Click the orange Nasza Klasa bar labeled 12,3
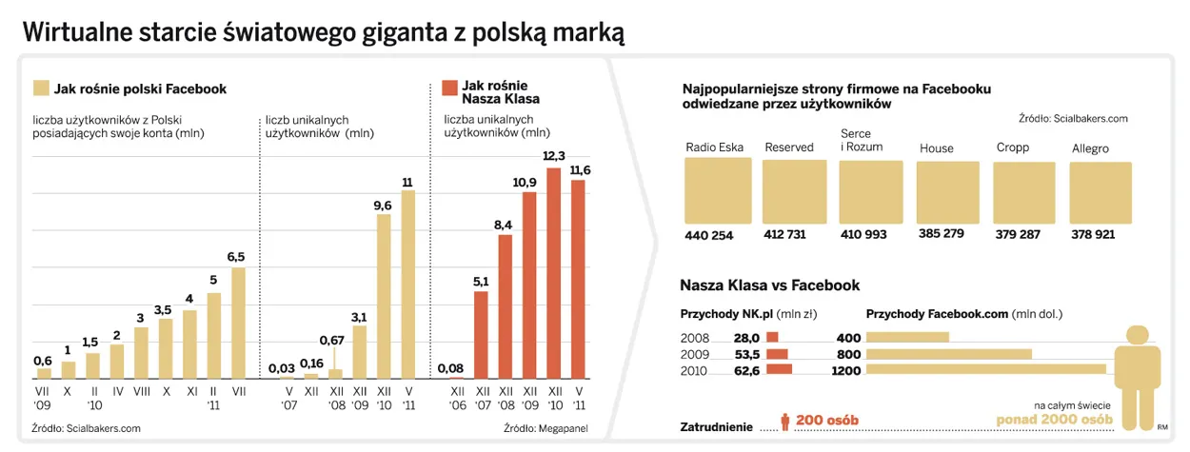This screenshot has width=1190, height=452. click(x=554, y=272)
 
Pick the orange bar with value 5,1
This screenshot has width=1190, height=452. click(x=481, y=333)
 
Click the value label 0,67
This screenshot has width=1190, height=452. click(x=331, y=340)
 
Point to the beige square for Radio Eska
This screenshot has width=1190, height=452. click(x=717, y=191)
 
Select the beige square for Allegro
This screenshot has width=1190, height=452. click(x=1101, y=192)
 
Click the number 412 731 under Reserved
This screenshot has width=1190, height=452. click(x=784, y=235)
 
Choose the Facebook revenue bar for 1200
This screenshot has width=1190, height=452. click(x=985, y=369)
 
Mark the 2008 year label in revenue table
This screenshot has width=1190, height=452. click(x=694, y=337)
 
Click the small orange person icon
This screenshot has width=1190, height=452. click(x=785, y=422)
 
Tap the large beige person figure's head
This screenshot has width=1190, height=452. click(x=1136, y=335)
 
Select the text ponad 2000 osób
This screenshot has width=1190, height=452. click(x=1054, y=420)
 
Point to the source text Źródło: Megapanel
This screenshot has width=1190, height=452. click(x=545, y=428)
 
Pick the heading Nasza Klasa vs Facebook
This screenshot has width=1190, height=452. click(x=769, y=285)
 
